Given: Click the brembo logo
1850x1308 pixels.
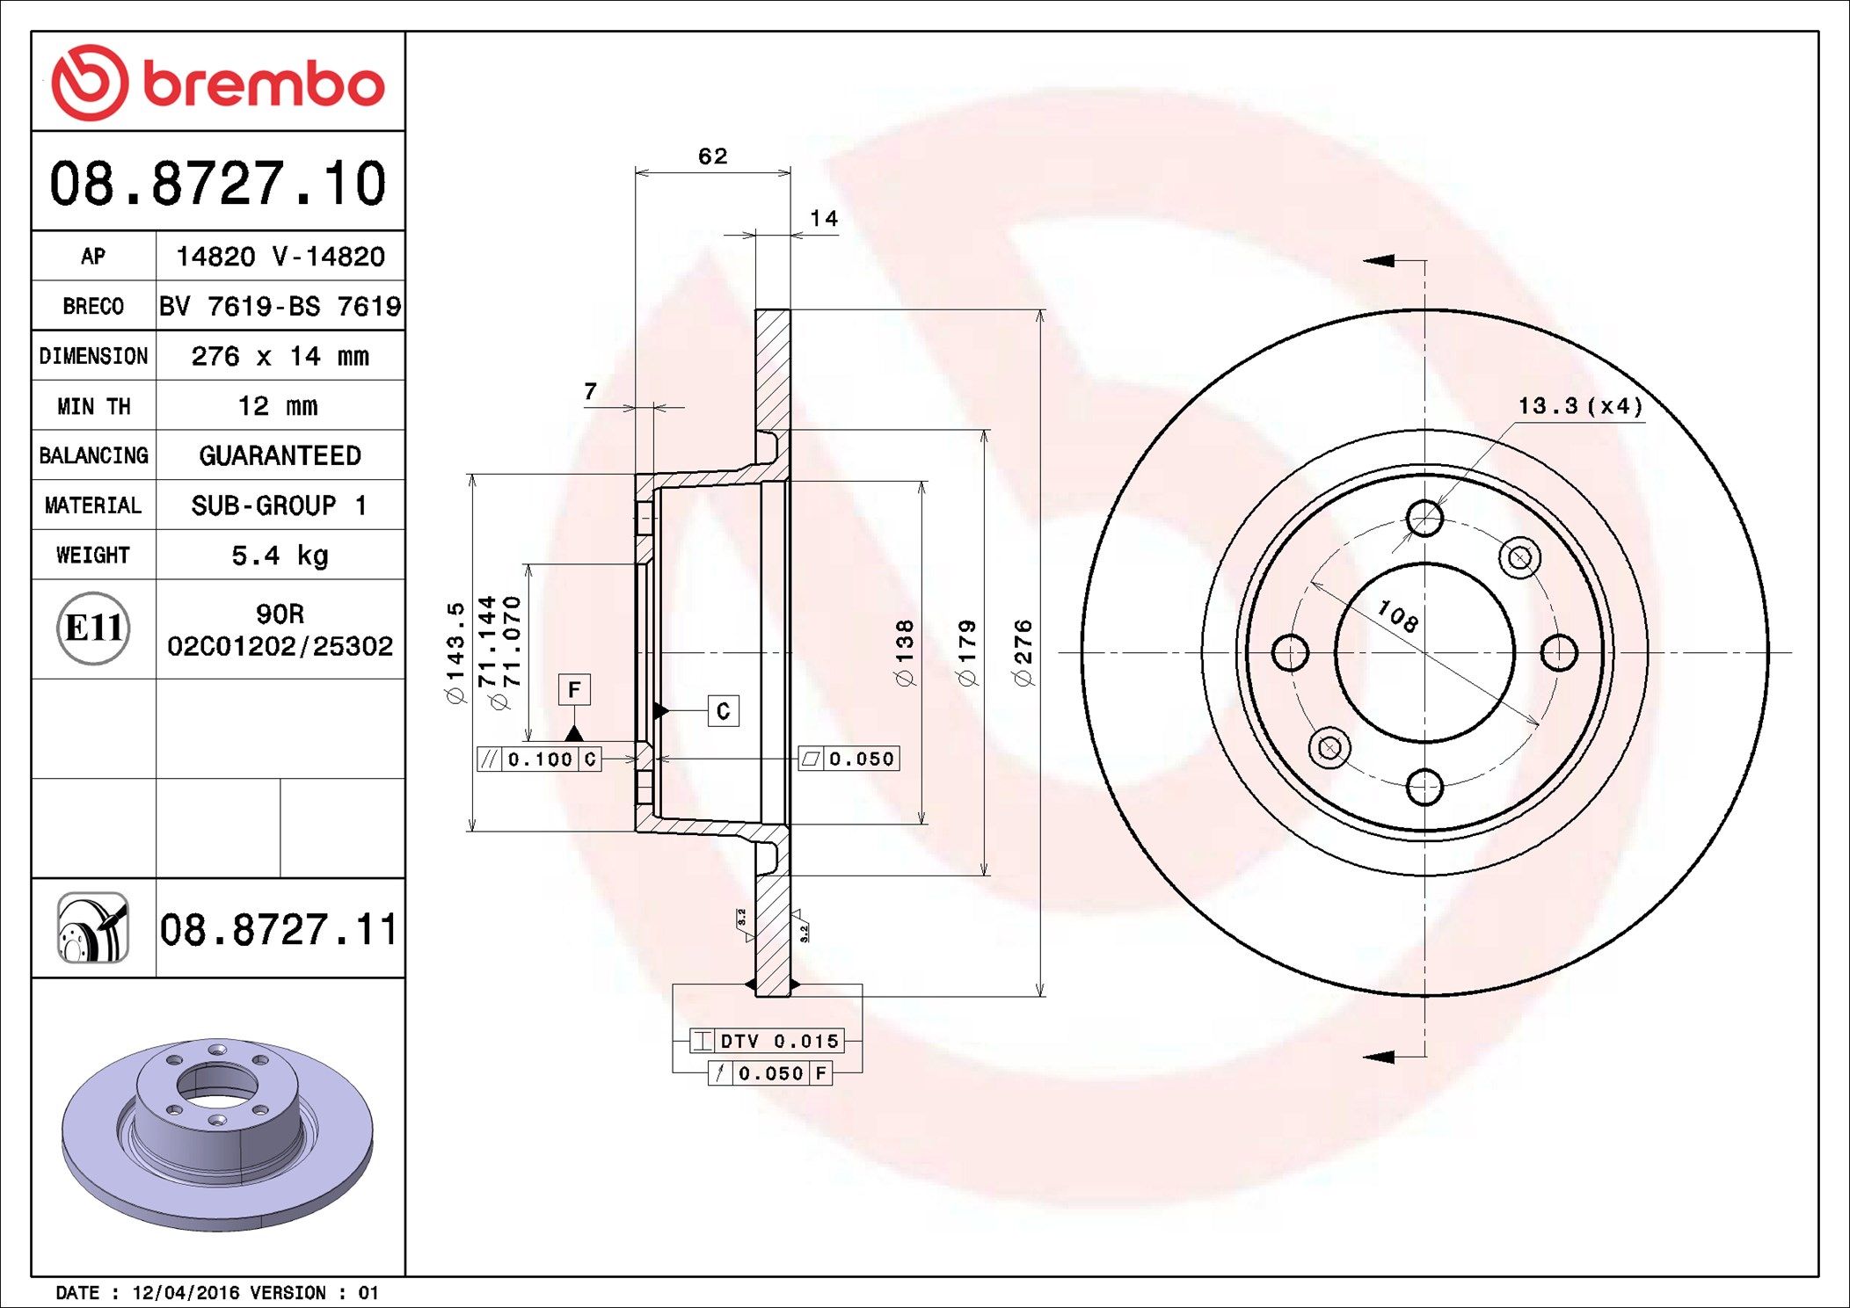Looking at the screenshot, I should pyautogui.click(x=217, y=83).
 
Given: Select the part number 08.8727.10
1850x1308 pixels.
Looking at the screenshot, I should pyautogui.click(x=217, y=184).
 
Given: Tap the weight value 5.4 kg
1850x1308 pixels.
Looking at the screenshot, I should pyautogui.click(x=280, y=556).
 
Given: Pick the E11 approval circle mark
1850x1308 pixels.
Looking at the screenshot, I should pyautogui.click(x=93, y=629).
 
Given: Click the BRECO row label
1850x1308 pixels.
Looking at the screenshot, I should pyautogui.click(x=93, y=306).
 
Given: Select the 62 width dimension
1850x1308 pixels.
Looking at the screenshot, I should pyautogui.click(x=712, y=156).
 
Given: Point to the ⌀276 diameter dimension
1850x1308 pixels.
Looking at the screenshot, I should pyautogui.click(x=1023, y=652).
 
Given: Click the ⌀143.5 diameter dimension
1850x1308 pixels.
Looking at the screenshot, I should pyautogui.click(x=455, y=652).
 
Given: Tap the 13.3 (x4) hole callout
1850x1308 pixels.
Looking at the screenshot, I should pyautogui.click(x=1580, y=406).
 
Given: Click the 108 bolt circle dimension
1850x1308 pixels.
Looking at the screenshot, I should pyautogui.click(x=1397, y=615).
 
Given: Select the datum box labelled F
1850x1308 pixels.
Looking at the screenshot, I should pyautogui.click(x=574, y=690).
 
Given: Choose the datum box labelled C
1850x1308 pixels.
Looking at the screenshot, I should pyautogui.click(x=723, y=711).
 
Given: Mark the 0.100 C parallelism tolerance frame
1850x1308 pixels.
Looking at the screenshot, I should pyautogui.click(x=539, y=759).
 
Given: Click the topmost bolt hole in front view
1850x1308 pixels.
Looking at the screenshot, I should pyautogui.click(x=1424, y=519).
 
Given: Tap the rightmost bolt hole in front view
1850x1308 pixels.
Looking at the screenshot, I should pyautogui.click(x=1559, y=652).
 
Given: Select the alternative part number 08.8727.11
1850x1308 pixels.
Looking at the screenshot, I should pyautogui.click(x=279, y=929).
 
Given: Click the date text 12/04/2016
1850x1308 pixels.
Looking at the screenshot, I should pyautogui.click(x=185, y=1293).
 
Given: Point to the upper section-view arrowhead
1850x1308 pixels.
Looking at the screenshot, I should pyautogui.click(x=1379, y=260).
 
